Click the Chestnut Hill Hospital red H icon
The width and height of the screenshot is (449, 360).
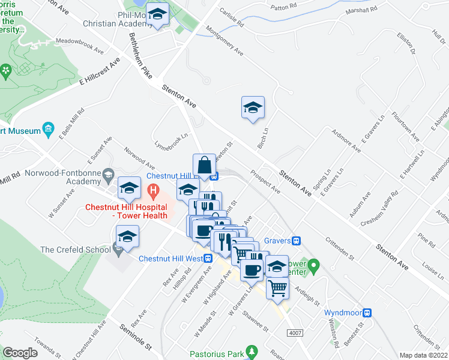point(153,191)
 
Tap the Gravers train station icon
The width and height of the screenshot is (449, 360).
point(296,241)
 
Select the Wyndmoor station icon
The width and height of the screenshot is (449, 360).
point(368,313)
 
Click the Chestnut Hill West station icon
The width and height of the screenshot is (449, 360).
point(208,259)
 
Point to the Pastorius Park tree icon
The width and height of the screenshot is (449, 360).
point(253,350)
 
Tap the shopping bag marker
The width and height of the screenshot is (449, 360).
point(204,165)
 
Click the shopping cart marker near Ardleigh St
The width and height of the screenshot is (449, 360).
point(277,289)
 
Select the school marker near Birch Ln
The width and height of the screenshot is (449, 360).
point(253,108)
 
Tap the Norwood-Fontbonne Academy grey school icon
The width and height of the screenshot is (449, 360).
point(108,175)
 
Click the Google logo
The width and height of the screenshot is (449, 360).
point(20,352)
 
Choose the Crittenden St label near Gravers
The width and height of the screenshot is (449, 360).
point(340,247)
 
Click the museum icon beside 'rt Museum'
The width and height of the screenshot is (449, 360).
point(49,130)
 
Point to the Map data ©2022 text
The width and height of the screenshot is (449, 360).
point(423,355)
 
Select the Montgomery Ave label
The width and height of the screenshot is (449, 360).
point(224,41)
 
